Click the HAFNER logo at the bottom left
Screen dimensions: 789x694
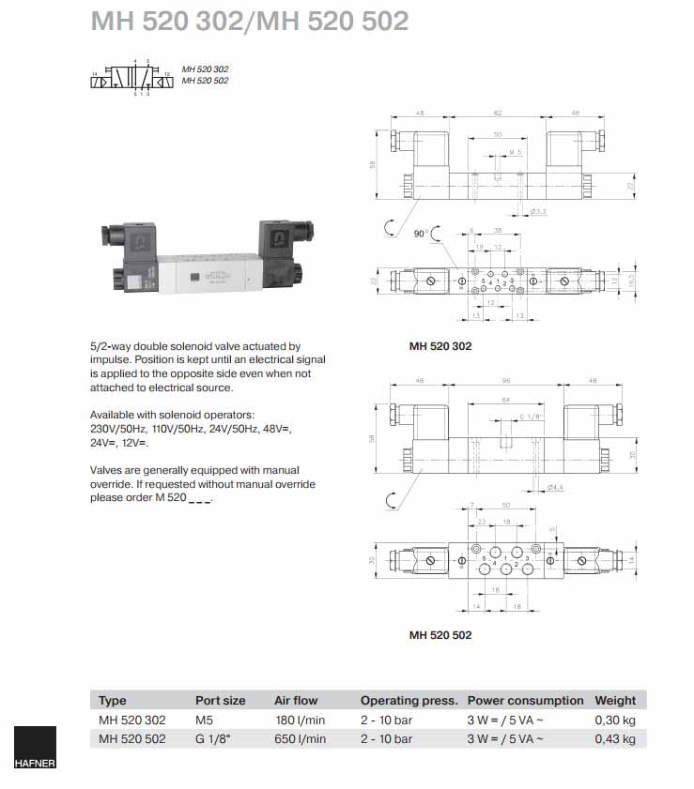[35, 751]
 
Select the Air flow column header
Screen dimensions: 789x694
[296, 700]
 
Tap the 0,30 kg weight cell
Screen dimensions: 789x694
[615, 720]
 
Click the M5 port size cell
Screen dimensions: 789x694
[205, 720]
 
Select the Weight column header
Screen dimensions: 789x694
[615, 700]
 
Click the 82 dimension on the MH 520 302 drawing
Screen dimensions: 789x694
[497, 113]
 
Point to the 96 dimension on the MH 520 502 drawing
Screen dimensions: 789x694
[505, 381]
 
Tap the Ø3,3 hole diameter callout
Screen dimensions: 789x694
[539, 212]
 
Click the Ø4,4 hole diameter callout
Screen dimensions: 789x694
[554, 487]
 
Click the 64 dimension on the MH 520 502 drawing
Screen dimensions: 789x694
[504, 400]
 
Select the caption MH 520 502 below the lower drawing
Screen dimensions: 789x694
[440, 635]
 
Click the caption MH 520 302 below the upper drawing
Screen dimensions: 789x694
[440, 346]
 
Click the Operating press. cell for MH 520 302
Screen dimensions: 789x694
[387, 720]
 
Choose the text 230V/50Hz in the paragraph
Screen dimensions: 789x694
[117, 428]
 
